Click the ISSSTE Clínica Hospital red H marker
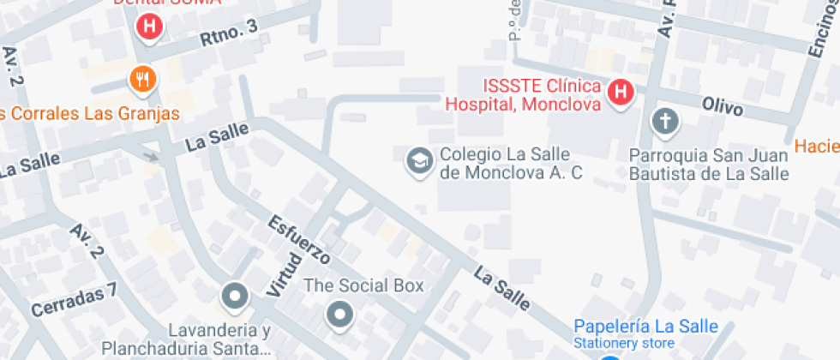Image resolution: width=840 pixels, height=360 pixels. (621, 93)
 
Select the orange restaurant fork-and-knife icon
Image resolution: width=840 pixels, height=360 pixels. (142, 81)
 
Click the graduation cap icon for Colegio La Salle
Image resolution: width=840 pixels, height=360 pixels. (418, 160)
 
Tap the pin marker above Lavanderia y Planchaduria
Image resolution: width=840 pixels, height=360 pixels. (233, 297)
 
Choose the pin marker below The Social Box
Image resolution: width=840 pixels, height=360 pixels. (340, 315)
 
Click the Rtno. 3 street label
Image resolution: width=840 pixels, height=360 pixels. (228, 33)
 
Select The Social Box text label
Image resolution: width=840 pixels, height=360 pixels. (364, 285)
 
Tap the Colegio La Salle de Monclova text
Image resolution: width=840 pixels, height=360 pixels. (510, 164)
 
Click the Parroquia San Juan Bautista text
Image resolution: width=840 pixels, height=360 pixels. (708, 165)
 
